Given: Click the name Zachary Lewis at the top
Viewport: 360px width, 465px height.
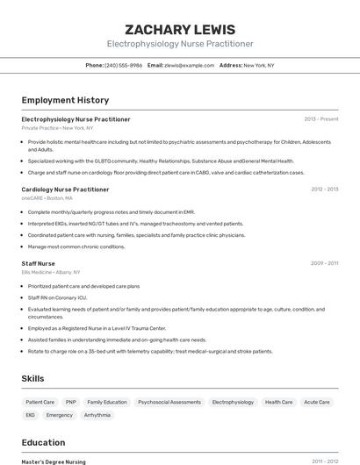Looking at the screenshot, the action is [180, 29].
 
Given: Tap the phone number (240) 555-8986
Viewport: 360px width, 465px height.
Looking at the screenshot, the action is [124, 65].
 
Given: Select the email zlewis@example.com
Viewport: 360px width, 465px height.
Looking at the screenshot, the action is [190, 65].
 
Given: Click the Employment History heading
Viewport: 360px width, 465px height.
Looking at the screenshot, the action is [65, 100].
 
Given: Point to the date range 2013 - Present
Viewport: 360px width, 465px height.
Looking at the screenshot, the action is [320, 119].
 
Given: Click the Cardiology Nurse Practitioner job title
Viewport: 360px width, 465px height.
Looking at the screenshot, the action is [65, 190].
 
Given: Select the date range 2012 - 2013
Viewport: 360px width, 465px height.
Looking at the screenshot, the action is [324, 190].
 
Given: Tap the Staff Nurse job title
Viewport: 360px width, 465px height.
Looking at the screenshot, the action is [38, 263].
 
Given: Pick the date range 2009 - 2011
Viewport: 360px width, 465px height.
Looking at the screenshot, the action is [324, 263].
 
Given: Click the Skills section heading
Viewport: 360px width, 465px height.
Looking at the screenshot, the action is [33, 378].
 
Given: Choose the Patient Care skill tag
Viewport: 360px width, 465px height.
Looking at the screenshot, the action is [40, 402].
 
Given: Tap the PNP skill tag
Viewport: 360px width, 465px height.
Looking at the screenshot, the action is [71, 402].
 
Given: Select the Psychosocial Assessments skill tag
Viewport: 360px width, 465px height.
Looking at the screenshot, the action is [169, 402].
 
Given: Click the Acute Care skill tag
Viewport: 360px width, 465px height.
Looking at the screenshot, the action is [317, 402].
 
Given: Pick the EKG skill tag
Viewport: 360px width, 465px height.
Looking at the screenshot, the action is [31, 415].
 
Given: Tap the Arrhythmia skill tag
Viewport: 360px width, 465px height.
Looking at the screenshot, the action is [97, 415].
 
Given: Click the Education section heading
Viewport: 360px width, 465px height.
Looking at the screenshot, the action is [43, 442].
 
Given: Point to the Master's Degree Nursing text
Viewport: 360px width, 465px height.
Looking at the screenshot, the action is [54, 461].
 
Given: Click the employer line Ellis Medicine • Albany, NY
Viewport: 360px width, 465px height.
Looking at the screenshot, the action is [51, 272].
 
